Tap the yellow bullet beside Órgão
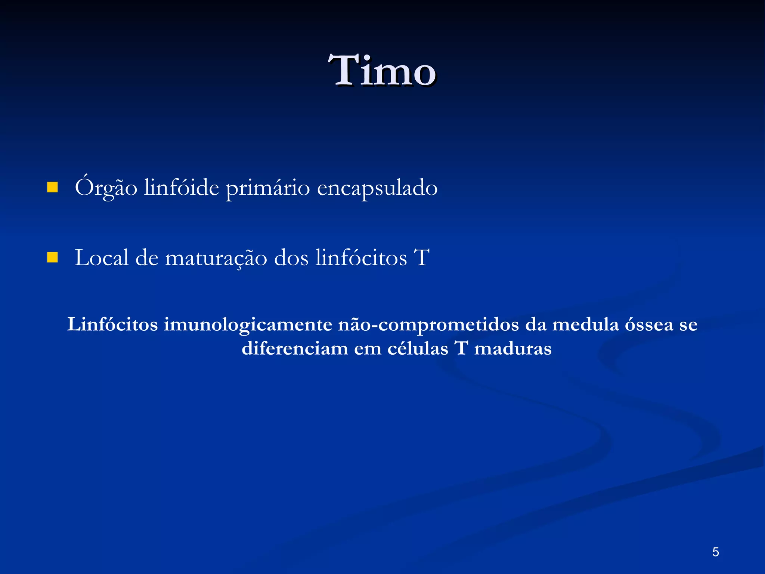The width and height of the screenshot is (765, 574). (x=52, y=187)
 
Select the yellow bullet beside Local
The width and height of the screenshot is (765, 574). (x=52, y=257)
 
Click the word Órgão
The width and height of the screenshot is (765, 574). (x=106, y=187)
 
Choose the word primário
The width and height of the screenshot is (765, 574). (x=268, y=188)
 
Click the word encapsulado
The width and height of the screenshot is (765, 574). (x=377, y=188)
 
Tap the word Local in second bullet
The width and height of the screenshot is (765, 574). (x=101, y=257)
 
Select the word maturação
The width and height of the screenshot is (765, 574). (x=216, y=258)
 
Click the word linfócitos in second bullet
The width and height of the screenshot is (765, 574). (x=361, y=257)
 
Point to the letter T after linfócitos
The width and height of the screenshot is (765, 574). (x=422, y=257)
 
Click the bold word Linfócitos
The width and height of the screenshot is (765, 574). (x=112, y=324)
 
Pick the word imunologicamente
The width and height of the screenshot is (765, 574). (x=248, y=325)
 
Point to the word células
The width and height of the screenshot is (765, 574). (x=418, y=348)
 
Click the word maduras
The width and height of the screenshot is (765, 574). (x=513, y=348)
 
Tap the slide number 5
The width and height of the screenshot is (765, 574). (x=715, y=552)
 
